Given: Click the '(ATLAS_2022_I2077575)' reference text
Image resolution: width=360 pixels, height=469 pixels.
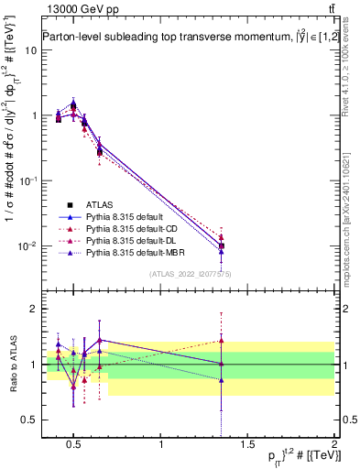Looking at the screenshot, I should [190, 274].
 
